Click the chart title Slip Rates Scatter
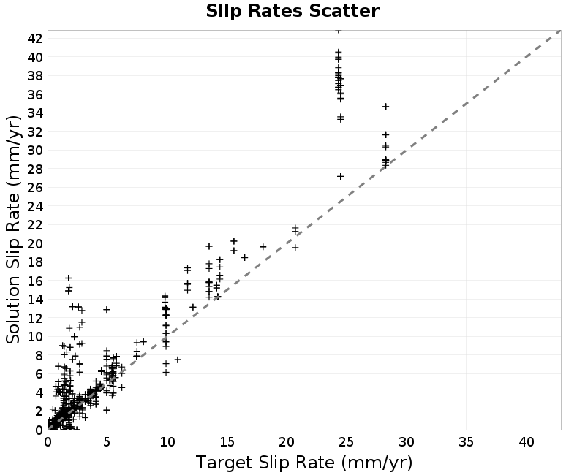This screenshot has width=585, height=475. [292, 11]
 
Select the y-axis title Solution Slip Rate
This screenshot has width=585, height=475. [12, 229]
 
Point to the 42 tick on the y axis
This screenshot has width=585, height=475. [34, 38]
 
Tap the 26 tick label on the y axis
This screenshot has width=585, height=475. [34, 187]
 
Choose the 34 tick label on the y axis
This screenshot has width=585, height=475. [34, 113]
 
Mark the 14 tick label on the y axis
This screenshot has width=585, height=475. [34, 299]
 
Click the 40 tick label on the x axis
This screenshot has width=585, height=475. [526, 442]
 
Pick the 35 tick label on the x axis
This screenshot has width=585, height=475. [466, 442]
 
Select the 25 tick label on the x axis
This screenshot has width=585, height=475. [346, 442]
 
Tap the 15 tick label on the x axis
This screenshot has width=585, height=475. [227, 442]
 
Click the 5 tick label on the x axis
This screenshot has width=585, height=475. [107, 442]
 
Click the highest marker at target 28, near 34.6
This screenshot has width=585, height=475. [386, 107]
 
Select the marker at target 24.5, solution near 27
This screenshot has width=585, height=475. [340, 176]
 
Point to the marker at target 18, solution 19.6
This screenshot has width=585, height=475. [263, 246]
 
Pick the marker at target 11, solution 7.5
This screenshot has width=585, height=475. [178, 360]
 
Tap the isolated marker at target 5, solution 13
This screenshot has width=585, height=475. [107, 309]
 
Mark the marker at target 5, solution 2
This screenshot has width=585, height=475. [107, 410]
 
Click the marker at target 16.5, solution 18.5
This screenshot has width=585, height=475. [245, 257]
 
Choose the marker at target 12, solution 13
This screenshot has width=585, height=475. [192, 307]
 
